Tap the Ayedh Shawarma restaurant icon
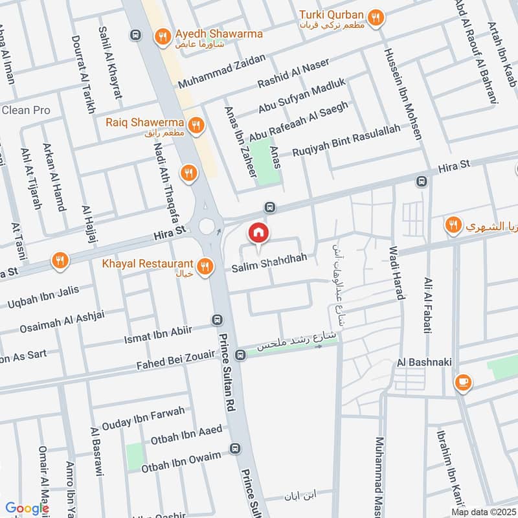(x=163, y=37)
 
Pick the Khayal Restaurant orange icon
(x=205, y=266)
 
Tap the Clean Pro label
(x=26, y=111)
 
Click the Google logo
(x=27, y=508)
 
